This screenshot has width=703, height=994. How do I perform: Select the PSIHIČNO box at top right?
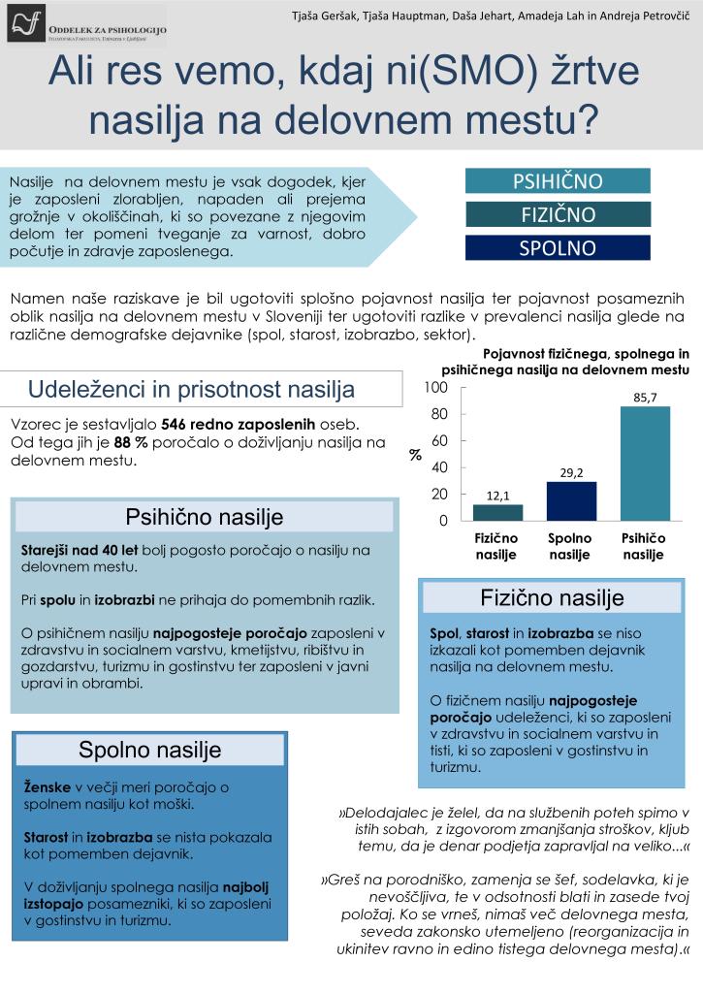557,181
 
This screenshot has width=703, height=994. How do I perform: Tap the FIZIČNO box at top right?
557,214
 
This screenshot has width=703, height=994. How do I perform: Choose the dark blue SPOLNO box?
557,247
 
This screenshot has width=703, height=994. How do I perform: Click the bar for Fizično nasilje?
497,512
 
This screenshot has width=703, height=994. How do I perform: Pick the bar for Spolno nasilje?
571,500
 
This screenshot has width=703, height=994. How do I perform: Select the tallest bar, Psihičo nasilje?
645,463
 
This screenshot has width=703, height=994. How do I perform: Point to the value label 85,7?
645,397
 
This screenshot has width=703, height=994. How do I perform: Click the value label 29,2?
571,472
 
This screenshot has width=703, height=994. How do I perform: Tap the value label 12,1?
497,495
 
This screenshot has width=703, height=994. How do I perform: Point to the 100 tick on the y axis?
436,388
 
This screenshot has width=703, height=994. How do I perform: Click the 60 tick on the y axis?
440,441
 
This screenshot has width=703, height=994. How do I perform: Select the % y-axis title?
415,455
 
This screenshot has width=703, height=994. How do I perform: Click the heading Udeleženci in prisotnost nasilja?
191,390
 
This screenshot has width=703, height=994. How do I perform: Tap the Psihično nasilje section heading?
205,517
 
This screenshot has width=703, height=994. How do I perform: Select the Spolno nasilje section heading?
150,750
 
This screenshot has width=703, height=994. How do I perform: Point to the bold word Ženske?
48,787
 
